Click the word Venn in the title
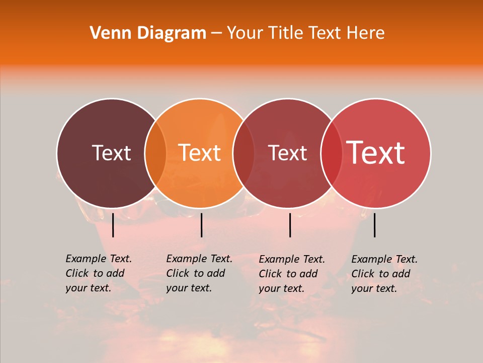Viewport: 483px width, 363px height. pyautogui.click(x=106, y=33)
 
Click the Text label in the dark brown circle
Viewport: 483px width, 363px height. pyautogui.click(x=111, y=153)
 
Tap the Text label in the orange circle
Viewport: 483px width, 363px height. pyautogui.click(x=199, y=153)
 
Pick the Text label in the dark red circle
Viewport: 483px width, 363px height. pyautogui.click(x=288, y=153)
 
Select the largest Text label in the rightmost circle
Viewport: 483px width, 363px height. pyautogui.click(x=375, y=152)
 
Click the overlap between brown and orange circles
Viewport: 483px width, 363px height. pyautogui.click(x=155, y=153)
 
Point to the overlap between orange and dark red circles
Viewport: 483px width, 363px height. pyautogui.click(x=244, y=153)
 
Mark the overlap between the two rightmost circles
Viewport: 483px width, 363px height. pyautogui.click(x=330, y=153)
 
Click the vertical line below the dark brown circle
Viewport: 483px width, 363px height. pyautogui.click(x=113, y=225)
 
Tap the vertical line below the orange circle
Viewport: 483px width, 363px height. pyautogui.click(x=201, y=225)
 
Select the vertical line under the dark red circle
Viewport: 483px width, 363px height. pyautogui.click(x=290, y=225)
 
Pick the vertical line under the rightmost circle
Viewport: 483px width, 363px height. pyautogui.click(x=375, y=225)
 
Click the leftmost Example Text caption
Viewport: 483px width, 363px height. pyautogui.click(x=98, y=273)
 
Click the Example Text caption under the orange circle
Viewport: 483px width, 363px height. pyautogui.click(x=199, y=273)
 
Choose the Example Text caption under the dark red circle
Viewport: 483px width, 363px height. pyautogui.click(x=291, y=274)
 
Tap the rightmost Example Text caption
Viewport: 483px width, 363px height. pyautogui.click(x=384, y=274)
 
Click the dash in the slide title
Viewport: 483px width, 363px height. pyautogui.click(x=216, y=33)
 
